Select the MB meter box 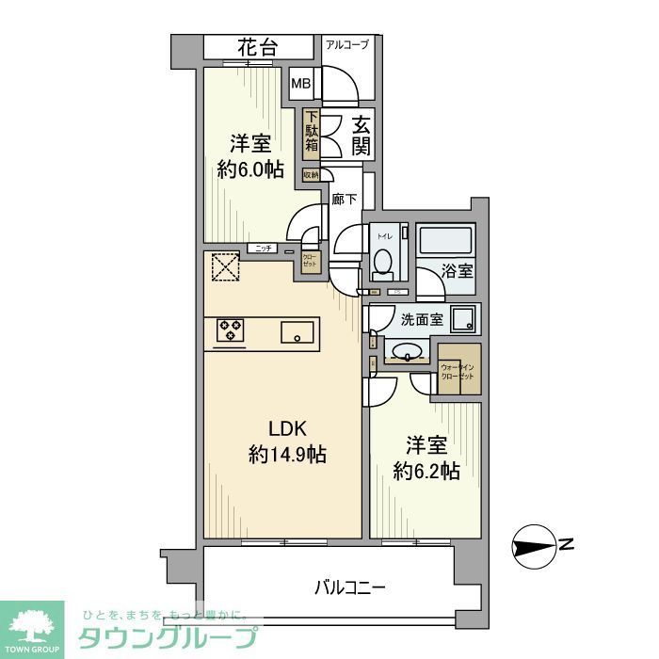tap(301, 84)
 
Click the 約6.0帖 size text tap(250, 169)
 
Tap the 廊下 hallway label tap(345, 199)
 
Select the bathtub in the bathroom tap(446, 241)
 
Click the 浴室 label tap(459, 271)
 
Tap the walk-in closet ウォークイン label tap(458, 363)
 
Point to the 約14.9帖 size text tap(287, 454)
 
